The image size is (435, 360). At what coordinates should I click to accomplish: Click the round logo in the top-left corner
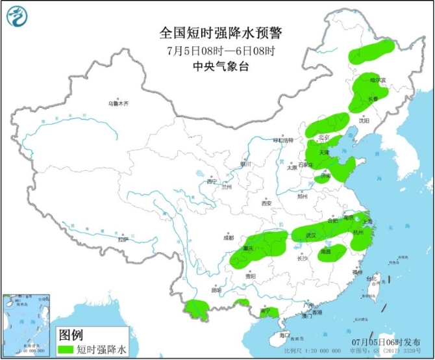[18, 18]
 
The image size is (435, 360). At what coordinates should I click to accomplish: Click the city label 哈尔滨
[377, 80]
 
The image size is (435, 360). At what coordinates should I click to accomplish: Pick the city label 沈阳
[363, 120]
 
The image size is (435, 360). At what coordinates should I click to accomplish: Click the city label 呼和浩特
[284, 140]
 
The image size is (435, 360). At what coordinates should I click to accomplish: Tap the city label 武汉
[309, 235]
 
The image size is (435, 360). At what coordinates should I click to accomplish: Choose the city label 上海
[368, 222]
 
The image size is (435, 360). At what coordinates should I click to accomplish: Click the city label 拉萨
[123, 240]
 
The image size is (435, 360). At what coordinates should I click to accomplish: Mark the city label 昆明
[216, 290]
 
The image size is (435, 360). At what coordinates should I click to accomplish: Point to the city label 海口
[284, 335]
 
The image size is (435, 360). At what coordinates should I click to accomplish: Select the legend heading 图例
[71, 335]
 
